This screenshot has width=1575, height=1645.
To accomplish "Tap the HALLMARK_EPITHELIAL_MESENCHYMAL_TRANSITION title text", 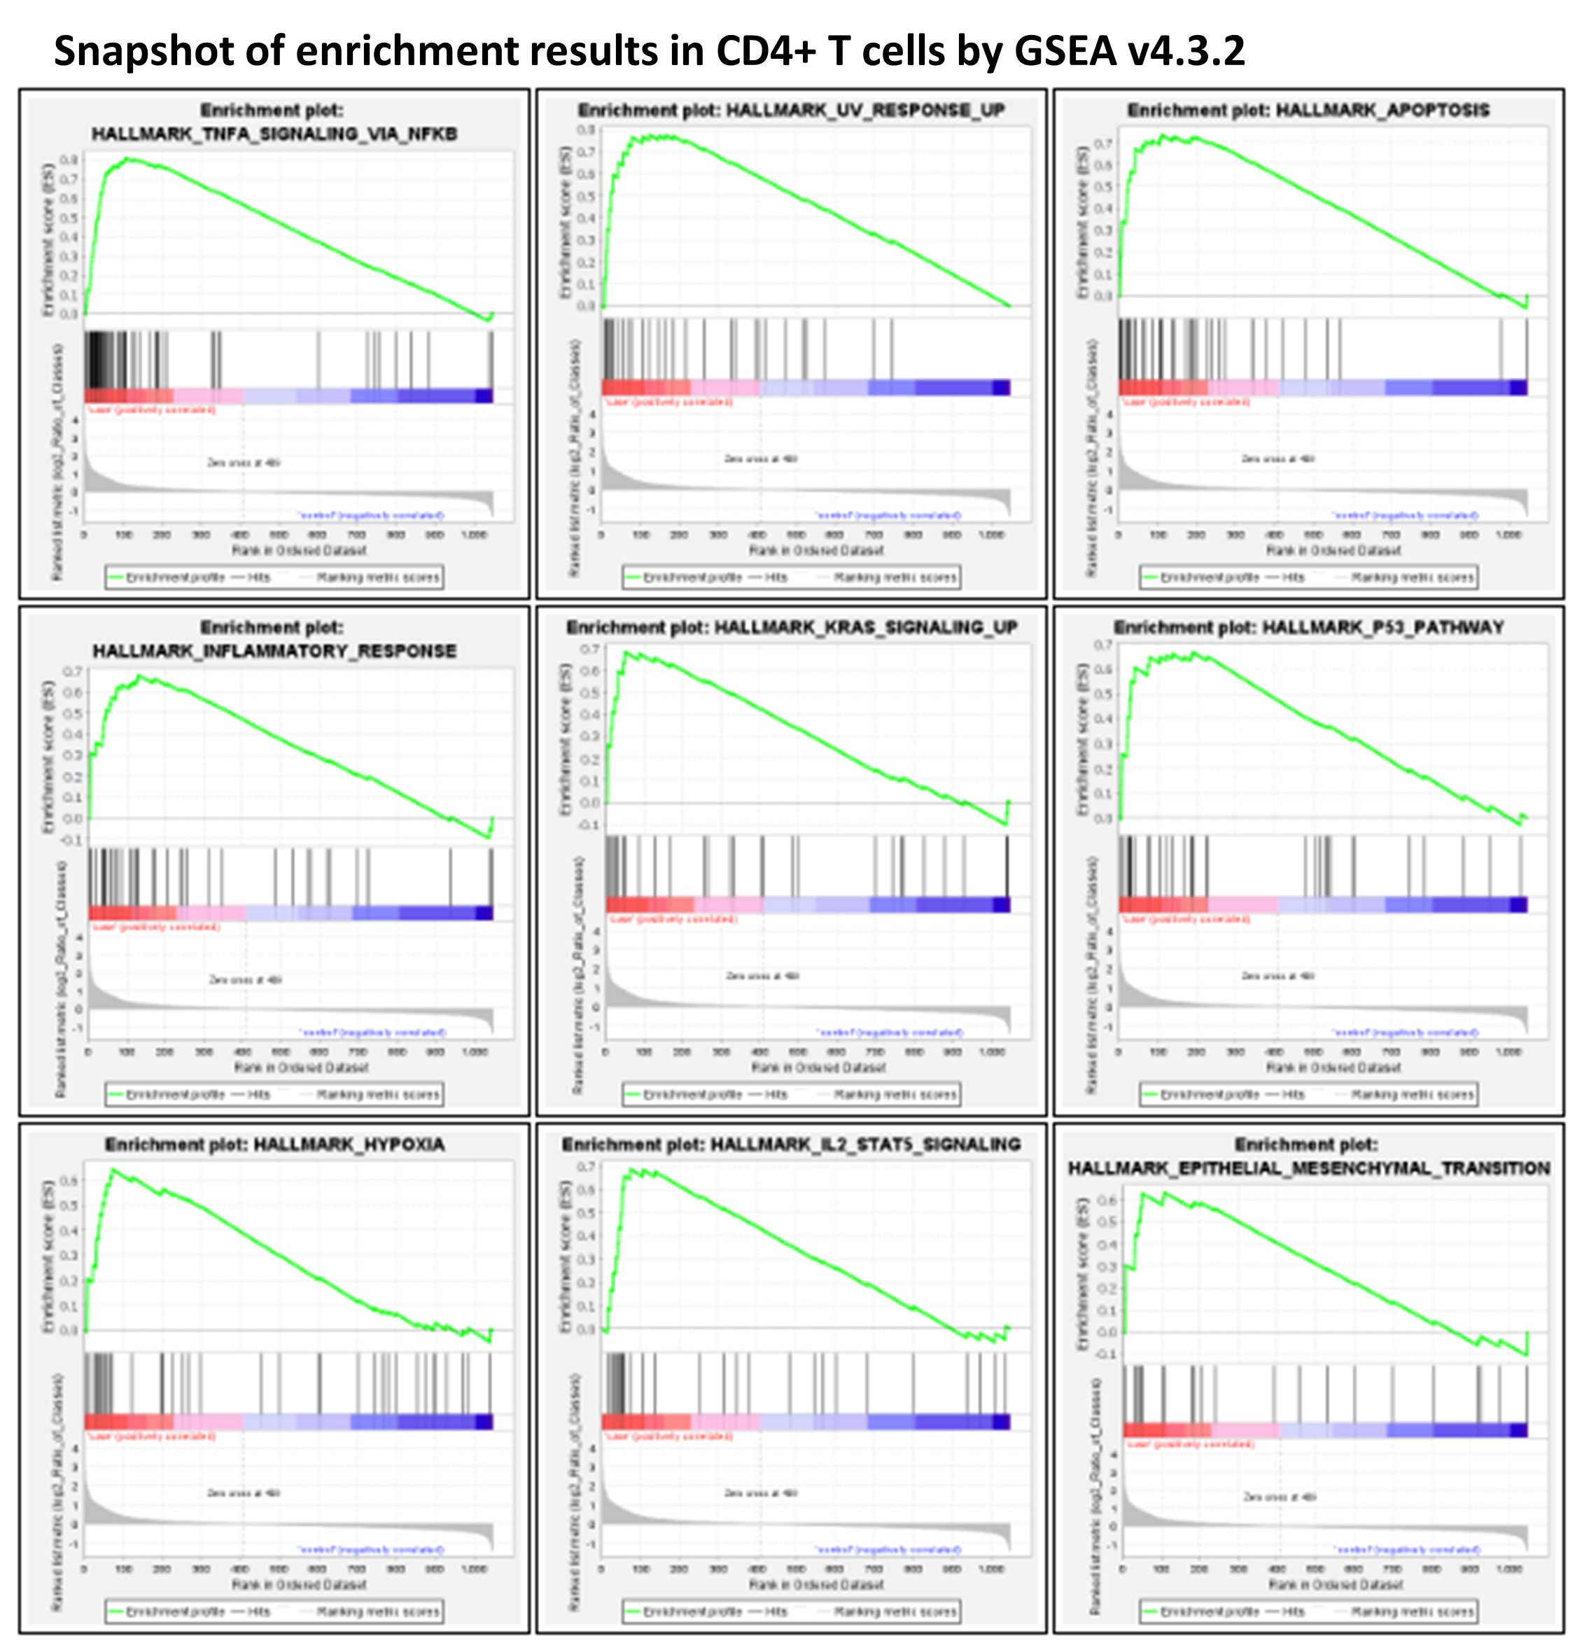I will (1308, 1168).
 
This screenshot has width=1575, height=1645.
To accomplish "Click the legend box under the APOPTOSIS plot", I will (1308, 577).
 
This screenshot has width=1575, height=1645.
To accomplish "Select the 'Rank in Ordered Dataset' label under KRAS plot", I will (818, 1067).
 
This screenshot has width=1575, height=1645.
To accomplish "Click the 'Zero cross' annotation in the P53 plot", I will (1277, 975).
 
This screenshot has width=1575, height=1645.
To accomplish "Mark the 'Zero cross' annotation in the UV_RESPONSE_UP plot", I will (760, 458).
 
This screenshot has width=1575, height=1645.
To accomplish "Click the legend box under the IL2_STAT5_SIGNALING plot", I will (791, 1611).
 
